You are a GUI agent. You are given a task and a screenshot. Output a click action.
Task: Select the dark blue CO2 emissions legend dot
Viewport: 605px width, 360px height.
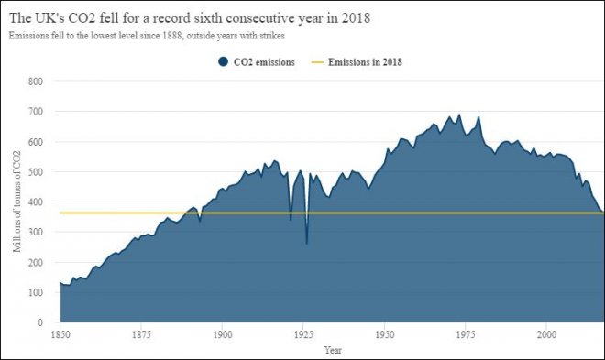[x=223, y=61]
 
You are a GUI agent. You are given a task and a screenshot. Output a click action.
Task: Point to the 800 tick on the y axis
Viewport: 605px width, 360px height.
[x=36, y=81]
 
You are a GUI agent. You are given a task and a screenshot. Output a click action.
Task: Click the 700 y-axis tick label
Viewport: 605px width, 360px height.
[x=36, y=111]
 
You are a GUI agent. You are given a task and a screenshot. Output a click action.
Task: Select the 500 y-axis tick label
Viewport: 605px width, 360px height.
[x=36, y=171]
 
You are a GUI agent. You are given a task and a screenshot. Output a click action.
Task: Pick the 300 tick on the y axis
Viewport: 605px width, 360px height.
[x=36, y=232]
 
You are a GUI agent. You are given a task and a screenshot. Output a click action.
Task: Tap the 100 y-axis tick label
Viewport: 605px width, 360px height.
[x=36, y=292]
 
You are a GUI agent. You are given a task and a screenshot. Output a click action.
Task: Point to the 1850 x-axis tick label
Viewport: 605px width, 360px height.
[x=60, y=334]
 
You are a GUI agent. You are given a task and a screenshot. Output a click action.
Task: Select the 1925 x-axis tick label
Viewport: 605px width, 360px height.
[x=303, y=334]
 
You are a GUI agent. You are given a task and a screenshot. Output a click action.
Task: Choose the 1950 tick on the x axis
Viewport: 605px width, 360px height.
[x=384, y=334]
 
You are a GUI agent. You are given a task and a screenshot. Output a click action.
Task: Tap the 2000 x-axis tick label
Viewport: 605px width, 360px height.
[x=546, y=334]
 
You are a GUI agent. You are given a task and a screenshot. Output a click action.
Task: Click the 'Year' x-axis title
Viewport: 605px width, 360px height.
[x=333, y=349]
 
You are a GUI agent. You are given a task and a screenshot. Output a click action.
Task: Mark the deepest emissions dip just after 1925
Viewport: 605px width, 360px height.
[x=306, y=243]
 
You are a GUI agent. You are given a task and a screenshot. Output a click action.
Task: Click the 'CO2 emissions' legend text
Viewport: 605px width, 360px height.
[x=265, y=61]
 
